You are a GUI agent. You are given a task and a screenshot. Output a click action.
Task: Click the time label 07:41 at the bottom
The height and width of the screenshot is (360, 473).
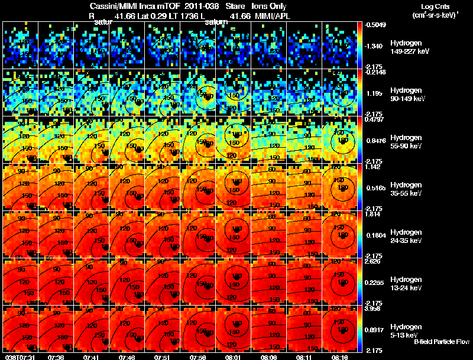[92, 356]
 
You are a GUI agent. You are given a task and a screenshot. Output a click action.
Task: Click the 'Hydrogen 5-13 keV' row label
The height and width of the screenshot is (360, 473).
[407, 330]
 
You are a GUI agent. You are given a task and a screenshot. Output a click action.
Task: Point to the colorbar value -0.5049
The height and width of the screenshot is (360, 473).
[376, 25]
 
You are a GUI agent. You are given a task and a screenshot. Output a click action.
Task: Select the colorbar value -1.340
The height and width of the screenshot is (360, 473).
[375, 46]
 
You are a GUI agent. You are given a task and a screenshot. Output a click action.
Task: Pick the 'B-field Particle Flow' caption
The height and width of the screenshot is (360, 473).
[442, 342]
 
